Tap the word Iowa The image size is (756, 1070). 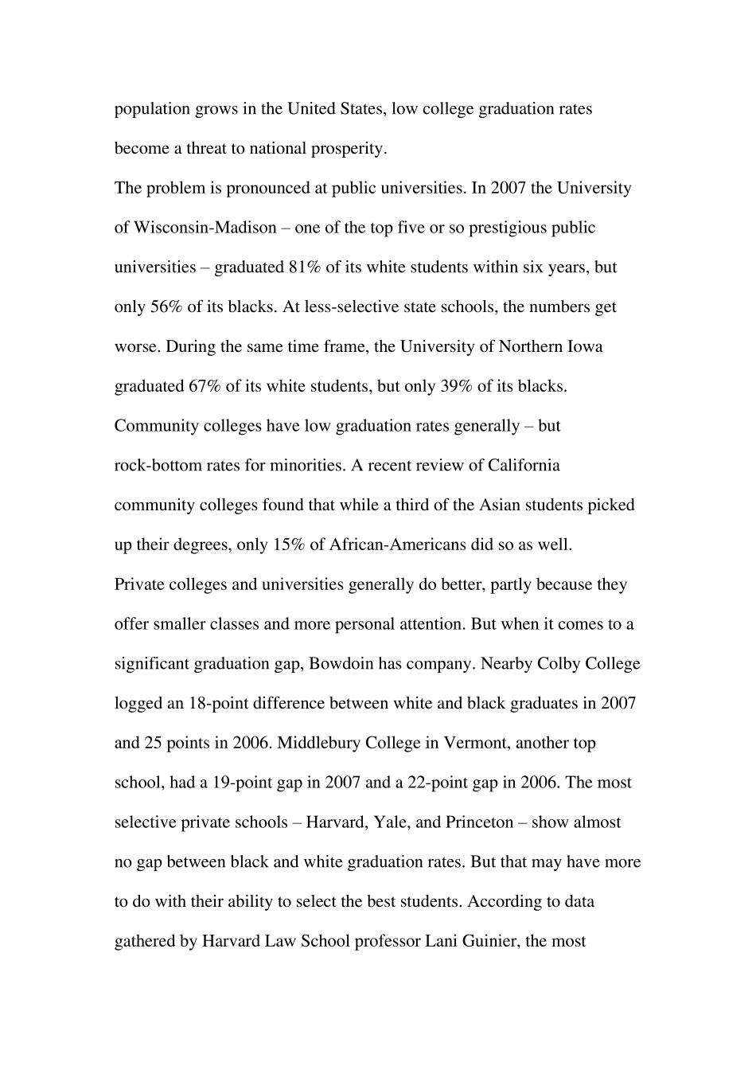[584, 347]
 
